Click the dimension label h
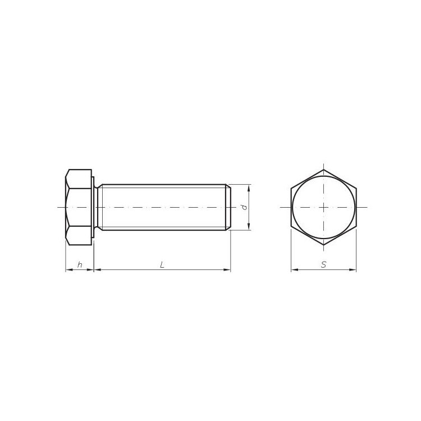pyautogui.click(x=80, y=265)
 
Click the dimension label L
pyautogui.click(x=162, y=265)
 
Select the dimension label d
pyautogui.click(x=244, y=207)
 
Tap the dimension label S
pyautogui.click(x=323, y=265)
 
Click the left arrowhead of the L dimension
pyautogui.click(x=97, y=269)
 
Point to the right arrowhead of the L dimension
pyautogui.click(x=227, y=269)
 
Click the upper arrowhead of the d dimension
pyautogui.click(x=249, y=188)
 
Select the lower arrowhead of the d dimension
pyautogui.click(x=249, y=226)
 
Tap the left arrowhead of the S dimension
pyautogui.click(x=295, y=269)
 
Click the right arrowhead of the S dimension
pyautogui.click(x=353, y=269)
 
